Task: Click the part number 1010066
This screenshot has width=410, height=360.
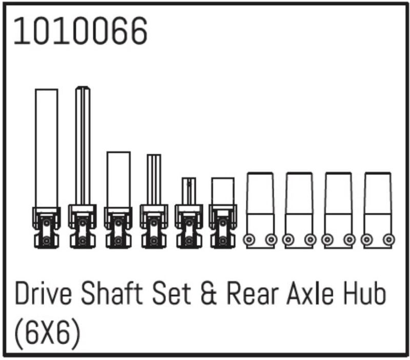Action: [80, 31]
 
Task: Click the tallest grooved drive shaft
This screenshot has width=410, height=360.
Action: [83, 146]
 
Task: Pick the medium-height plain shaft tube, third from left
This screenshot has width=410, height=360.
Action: [118, 179]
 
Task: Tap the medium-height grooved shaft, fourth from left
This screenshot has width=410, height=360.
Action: [153, 181]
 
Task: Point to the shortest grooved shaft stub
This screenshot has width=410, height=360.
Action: [189, 192]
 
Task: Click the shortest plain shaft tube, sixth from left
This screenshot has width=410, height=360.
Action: [223, 192]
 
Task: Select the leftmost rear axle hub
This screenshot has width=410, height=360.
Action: [261, 210]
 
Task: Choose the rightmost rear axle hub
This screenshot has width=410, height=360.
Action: [378, 210]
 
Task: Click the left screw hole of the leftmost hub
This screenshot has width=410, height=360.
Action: [250, 239]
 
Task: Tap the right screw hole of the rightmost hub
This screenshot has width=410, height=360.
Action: [389, 239]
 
